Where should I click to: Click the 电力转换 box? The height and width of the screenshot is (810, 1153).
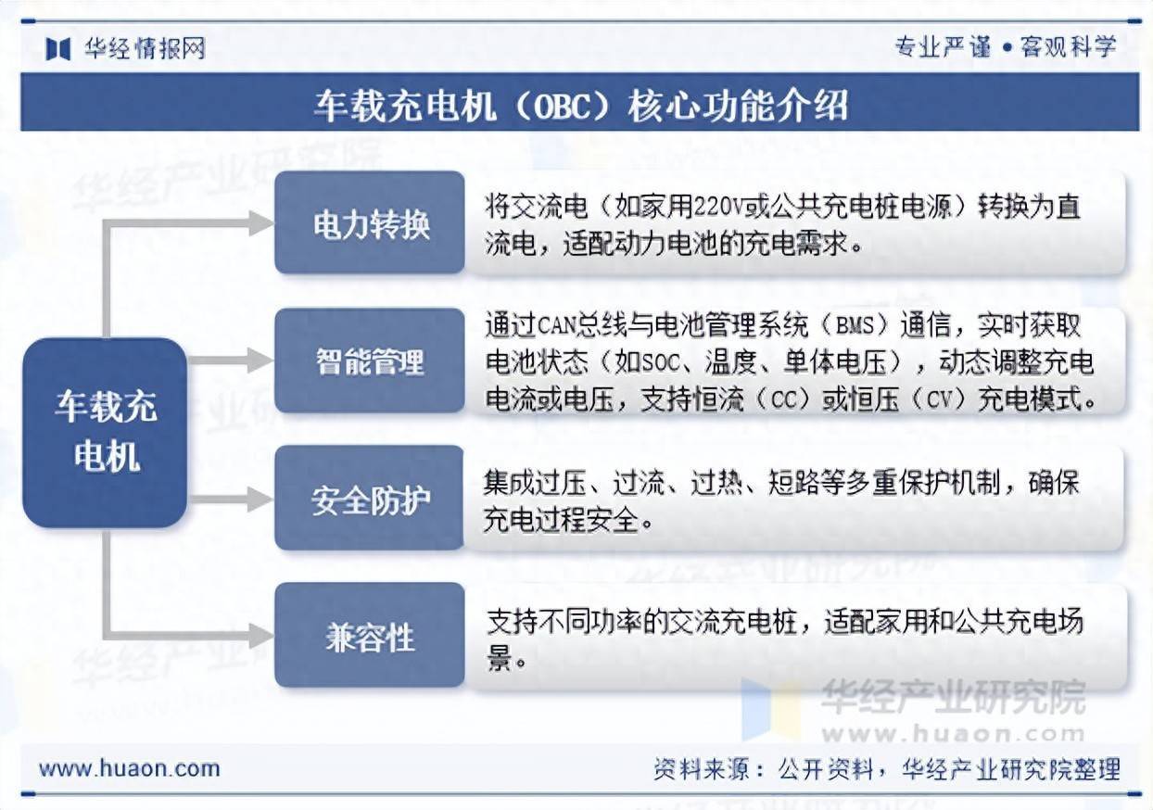(370, 222)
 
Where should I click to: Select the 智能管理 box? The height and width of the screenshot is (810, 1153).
(370, 361)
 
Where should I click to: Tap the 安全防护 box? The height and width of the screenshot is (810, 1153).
(370, 499)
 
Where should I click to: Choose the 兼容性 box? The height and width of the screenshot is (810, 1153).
(370, 636)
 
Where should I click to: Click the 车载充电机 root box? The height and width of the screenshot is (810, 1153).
(105, 432)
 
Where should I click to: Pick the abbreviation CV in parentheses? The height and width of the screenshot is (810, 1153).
(935, 400)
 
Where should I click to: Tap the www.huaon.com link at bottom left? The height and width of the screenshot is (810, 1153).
(129, 768)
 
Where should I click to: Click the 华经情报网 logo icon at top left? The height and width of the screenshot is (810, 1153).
(57, 48)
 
